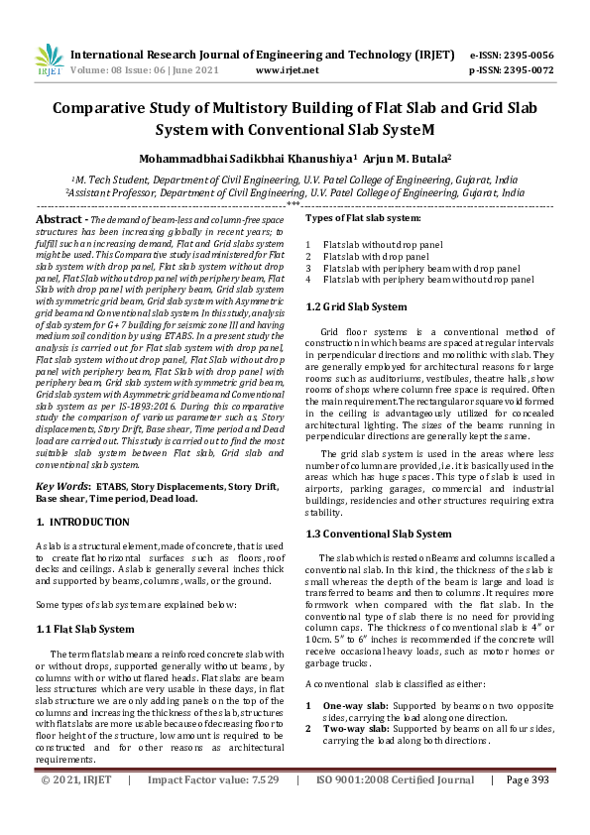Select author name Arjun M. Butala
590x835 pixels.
click(407, 157)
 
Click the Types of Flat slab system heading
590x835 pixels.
click(363, 217)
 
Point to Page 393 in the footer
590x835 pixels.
click(528, 808)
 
